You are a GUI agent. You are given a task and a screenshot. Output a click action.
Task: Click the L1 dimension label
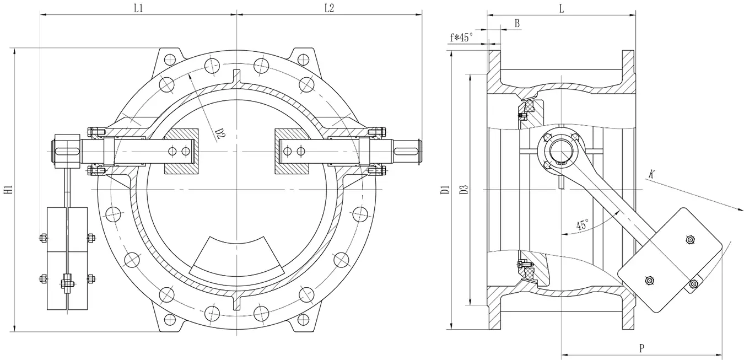(x=138, y=8)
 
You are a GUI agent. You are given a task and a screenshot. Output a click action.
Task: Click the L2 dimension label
(x=329, y=8)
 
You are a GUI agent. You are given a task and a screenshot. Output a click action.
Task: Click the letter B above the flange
(x=516, y=23)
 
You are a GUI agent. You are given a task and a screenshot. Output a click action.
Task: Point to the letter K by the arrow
(x=651, y=174)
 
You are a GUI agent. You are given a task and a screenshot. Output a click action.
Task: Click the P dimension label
(x=642, y=348)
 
